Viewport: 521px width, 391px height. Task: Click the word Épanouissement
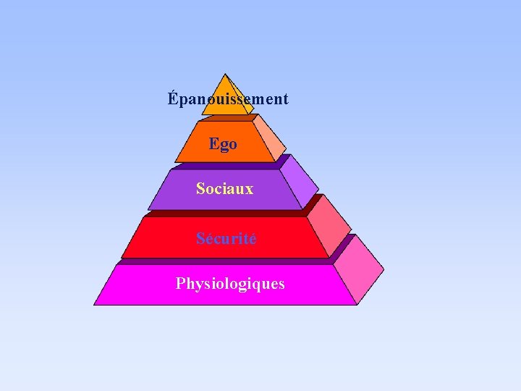point(228,98)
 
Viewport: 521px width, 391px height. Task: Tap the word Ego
point(223,144)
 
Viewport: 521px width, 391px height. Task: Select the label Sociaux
point(224,189)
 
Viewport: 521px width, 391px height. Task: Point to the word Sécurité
point(226,238)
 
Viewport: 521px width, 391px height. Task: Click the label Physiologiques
point(230,283)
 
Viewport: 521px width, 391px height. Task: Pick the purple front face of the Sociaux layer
point(174,195)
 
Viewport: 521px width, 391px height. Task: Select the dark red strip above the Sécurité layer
point(224,214)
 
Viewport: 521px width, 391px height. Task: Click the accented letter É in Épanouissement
point(172,98)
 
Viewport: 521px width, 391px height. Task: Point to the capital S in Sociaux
point(200,189)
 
